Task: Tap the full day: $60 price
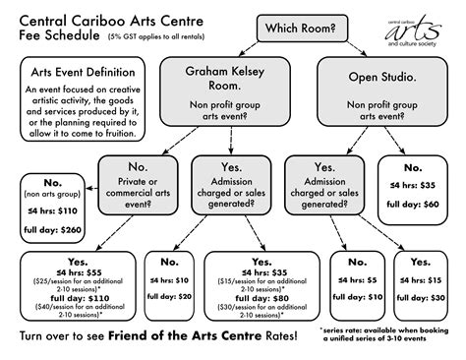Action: tap(417, 206)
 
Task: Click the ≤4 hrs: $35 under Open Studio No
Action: tap(417, 184)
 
